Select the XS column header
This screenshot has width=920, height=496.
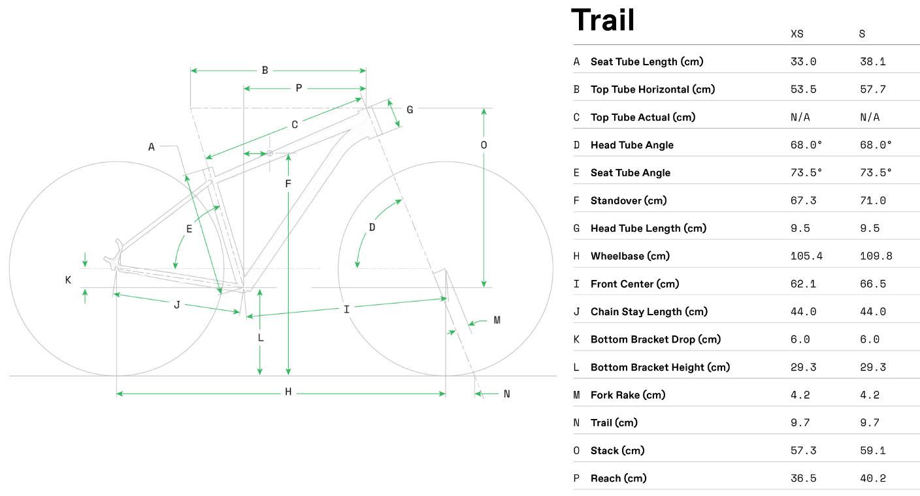pyautogui.click(x=797, y=34)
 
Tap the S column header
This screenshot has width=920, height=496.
pyautogui.click(x=862, y=34)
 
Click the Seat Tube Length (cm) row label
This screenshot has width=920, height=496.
pyautogui.click(x=646, y=61)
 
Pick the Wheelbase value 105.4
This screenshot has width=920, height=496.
pyautogui.click(x=806, y=256)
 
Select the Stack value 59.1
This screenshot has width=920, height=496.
pyautogui.click(x=873, y=450)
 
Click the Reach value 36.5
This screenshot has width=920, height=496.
pyautogui.click(x=804, y=478)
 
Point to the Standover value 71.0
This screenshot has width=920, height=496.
pyautogui.click(x=873, y=200)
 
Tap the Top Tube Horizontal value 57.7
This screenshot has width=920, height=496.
pyautogui.click(x=873, y=89)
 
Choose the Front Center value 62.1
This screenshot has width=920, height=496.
pyautogui.click(x=804, y=284)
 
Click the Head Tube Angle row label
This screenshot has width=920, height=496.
pyautogui.click(x=631, y=145)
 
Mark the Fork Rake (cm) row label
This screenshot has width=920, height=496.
pyautogui.click(x=627, y=395)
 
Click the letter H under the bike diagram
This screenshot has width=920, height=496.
pyautogui.click(x=287, y=392)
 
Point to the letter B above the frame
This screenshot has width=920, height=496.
pyautogui.click(x=265, y=70)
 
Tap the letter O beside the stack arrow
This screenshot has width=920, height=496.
pyautogui.click(x=484, y=145)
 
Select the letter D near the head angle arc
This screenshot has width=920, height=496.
pyautogui.click(x=372, y=227)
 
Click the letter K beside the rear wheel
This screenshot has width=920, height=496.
pyautogui.click(x=68, y=280)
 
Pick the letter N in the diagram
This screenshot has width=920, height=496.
pyautogui.click(x=506, y=394)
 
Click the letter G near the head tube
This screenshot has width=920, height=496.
pyautogui.click(x=410, y=110)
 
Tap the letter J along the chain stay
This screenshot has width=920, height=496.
pyautogui.click(x=176, y=305)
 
